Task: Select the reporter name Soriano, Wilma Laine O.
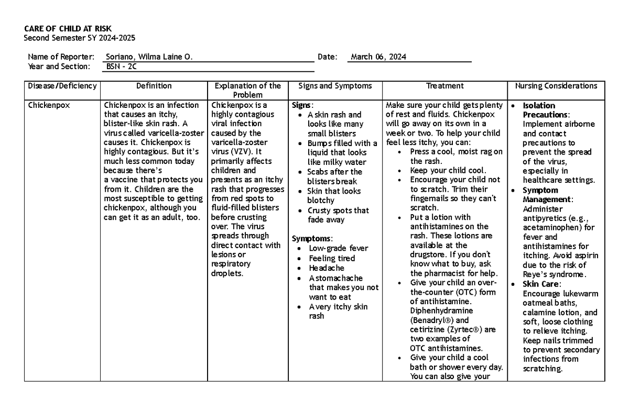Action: pyautogui.click(x=149, y=57)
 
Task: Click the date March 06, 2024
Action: pyautogui.click(x=378, y=57)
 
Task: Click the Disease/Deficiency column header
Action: pyautogui.click(x=62, y=86)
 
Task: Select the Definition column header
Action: pyautogui.click(x=154, y=86)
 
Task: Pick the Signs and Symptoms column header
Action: pyautogui.click(x=335, y=86)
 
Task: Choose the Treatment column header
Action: pyautogui.click(x=444, y=86)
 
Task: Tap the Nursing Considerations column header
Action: pyautogui.click(x=556, y=86)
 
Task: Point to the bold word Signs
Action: pyautogui.click(x=302, y=105)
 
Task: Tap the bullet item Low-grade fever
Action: pyautogui.click(x=338, y=248)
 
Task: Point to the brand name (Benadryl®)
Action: pyautogui.click(x=432, y=320)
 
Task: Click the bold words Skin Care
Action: pyautogui.click(x=541, y=284)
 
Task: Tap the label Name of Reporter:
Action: pyautogui.click(x=61, y=57)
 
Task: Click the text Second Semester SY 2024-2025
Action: pyautogui.click(x=80, y=38)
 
